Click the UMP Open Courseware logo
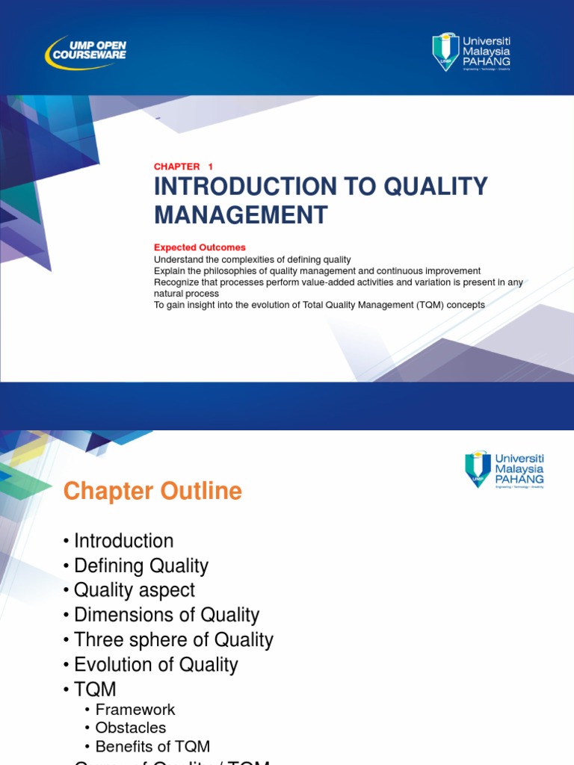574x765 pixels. (86, 52)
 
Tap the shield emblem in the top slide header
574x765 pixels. (445, 52)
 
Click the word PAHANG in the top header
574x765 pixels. (486, 61)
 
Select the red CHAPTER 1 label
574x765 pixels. (183, 167)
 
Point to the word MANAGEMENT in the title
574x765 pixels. (241, 215)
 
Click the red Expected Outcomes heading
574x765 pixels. (200, 247)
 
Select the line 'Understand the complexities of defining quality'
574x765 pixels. (252, 259)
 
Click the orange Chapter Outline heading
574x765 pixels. (152, 492)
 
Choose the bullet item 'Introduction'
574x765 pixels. (123, 541)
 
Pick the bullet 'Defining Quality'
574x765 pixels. (141, 566)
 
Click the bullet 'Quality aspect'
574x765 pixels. (134, 590)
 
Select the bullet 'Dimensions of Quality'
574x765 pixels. (166, 615)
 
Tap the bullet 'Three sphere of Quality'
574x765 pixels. (173, 639)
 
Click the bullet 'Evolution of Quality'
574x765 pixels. (155, 664)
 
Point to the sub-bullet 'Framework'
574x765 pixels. (135, 710)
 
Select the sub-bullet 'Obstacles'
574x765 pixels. (130, 728)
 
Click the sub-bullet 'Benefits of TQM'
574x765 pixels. (152, 746)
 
